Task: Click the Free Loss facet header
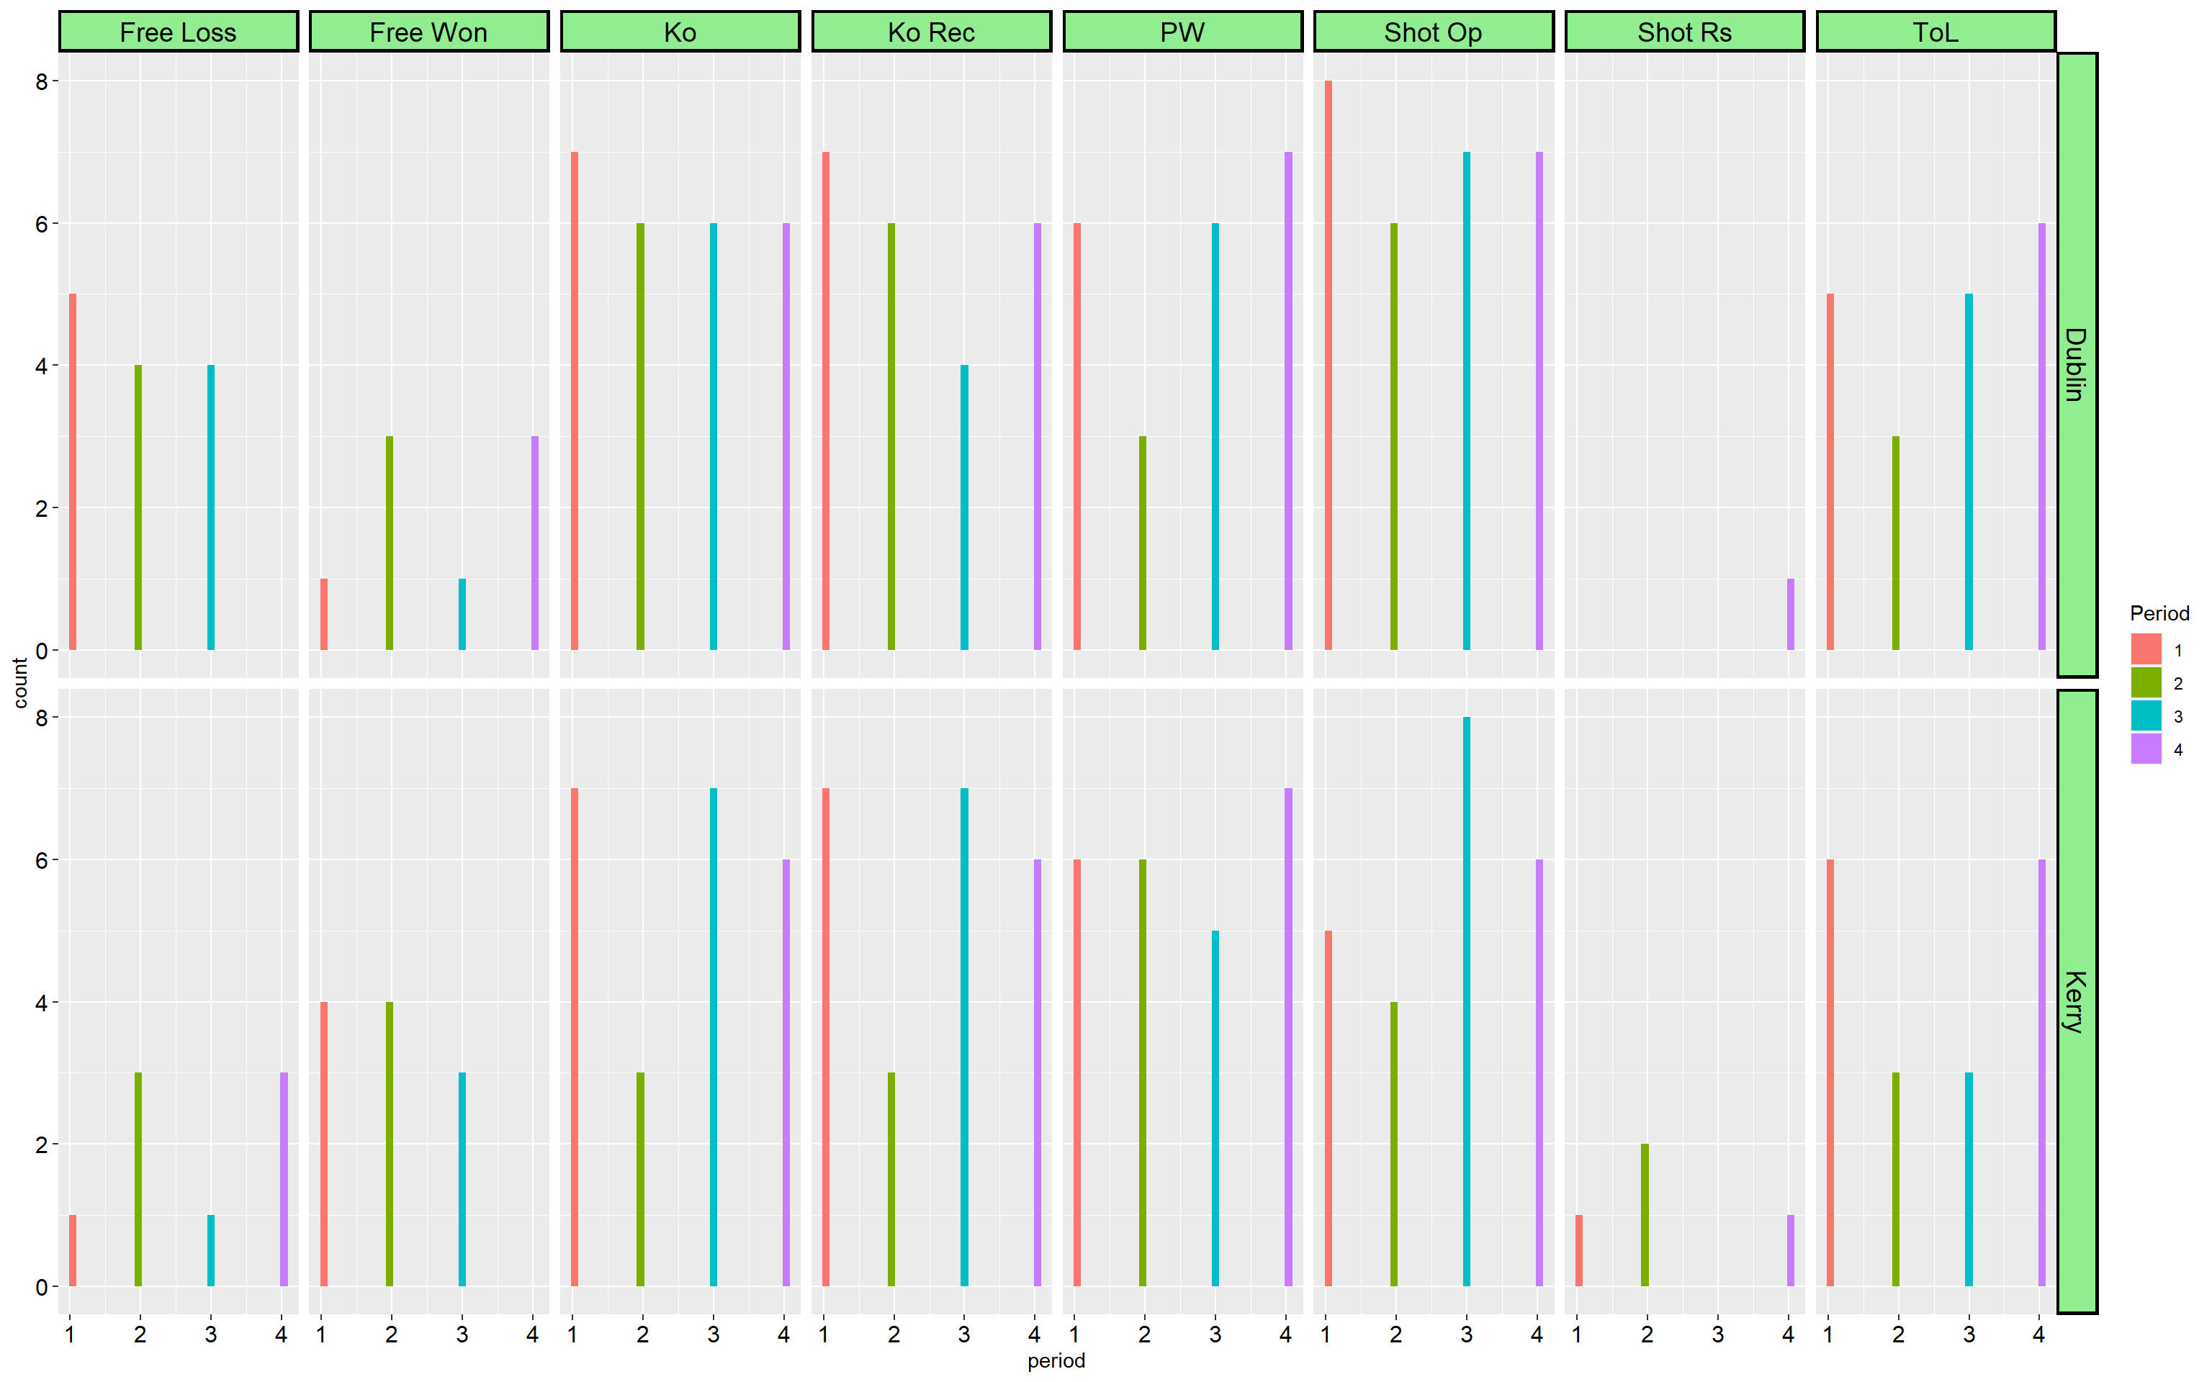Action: coord(179,32)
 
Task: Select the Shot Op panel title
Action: coord(1432,32)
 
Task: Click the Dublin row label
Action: coord(2076,365)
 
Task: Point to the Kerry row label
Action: coord(2076,1002)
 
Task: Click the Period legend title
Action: coord(2159,613)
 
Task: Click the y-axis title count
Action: coord(20,683)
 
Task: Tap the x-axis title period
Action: coord(1056,1361)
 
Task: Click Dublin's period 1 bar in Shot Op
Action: coord(1328,366)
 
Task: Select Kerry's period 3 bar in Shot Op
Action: coord(1466,1002)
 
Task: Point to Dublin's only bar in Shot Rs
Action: coord(1790,614)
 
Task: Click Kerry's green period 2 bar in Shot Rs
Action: coord(1645,1215)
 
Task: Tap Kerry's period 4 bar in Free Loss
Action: coord(284,1179)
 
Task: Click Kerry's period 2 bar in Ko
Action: coord(640,1179)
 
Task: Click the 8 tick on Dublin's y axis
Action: coord(41,81)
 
